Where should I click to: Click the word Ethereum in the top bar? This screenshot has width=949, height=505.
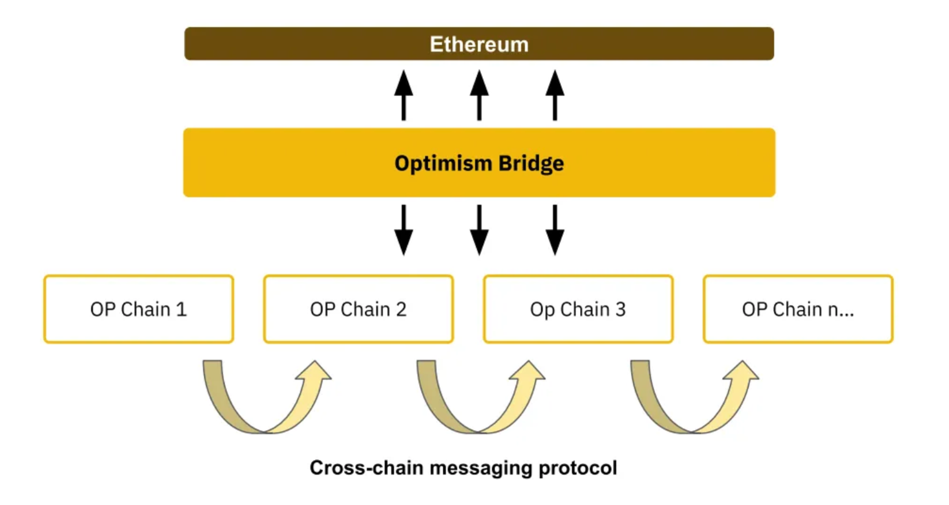pos(479,44)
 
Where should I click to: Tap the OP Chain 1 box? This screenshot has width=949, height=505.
pos(139,309)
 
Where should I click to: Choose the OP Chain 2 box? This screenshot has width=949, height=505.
pos(358,309)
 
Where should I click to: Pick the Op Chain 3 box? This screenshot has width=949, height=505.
pos(578,309)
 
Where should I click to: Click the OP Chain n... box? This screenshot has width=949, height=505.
pos(798,309)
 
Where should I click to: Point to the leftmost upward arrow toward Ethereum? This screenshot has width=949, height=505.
pos(403,95)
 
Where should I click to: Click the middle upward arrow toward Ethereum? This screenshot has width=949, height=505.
pos(479,95)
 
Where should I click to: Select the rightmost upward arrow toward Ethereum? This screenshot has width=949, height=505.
pos(555,95)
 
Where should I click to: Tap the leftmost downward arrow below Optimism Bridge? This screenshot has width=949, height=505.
pos(403,230)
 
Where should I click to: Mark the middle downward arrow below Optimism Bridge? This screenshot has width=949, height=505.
pos(479,230)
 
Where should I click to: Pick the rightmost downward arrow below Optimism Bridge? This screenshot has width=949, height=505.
pos(555,230)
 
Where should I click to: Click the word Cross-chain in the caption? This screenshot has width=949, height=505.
pos(366,468)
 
